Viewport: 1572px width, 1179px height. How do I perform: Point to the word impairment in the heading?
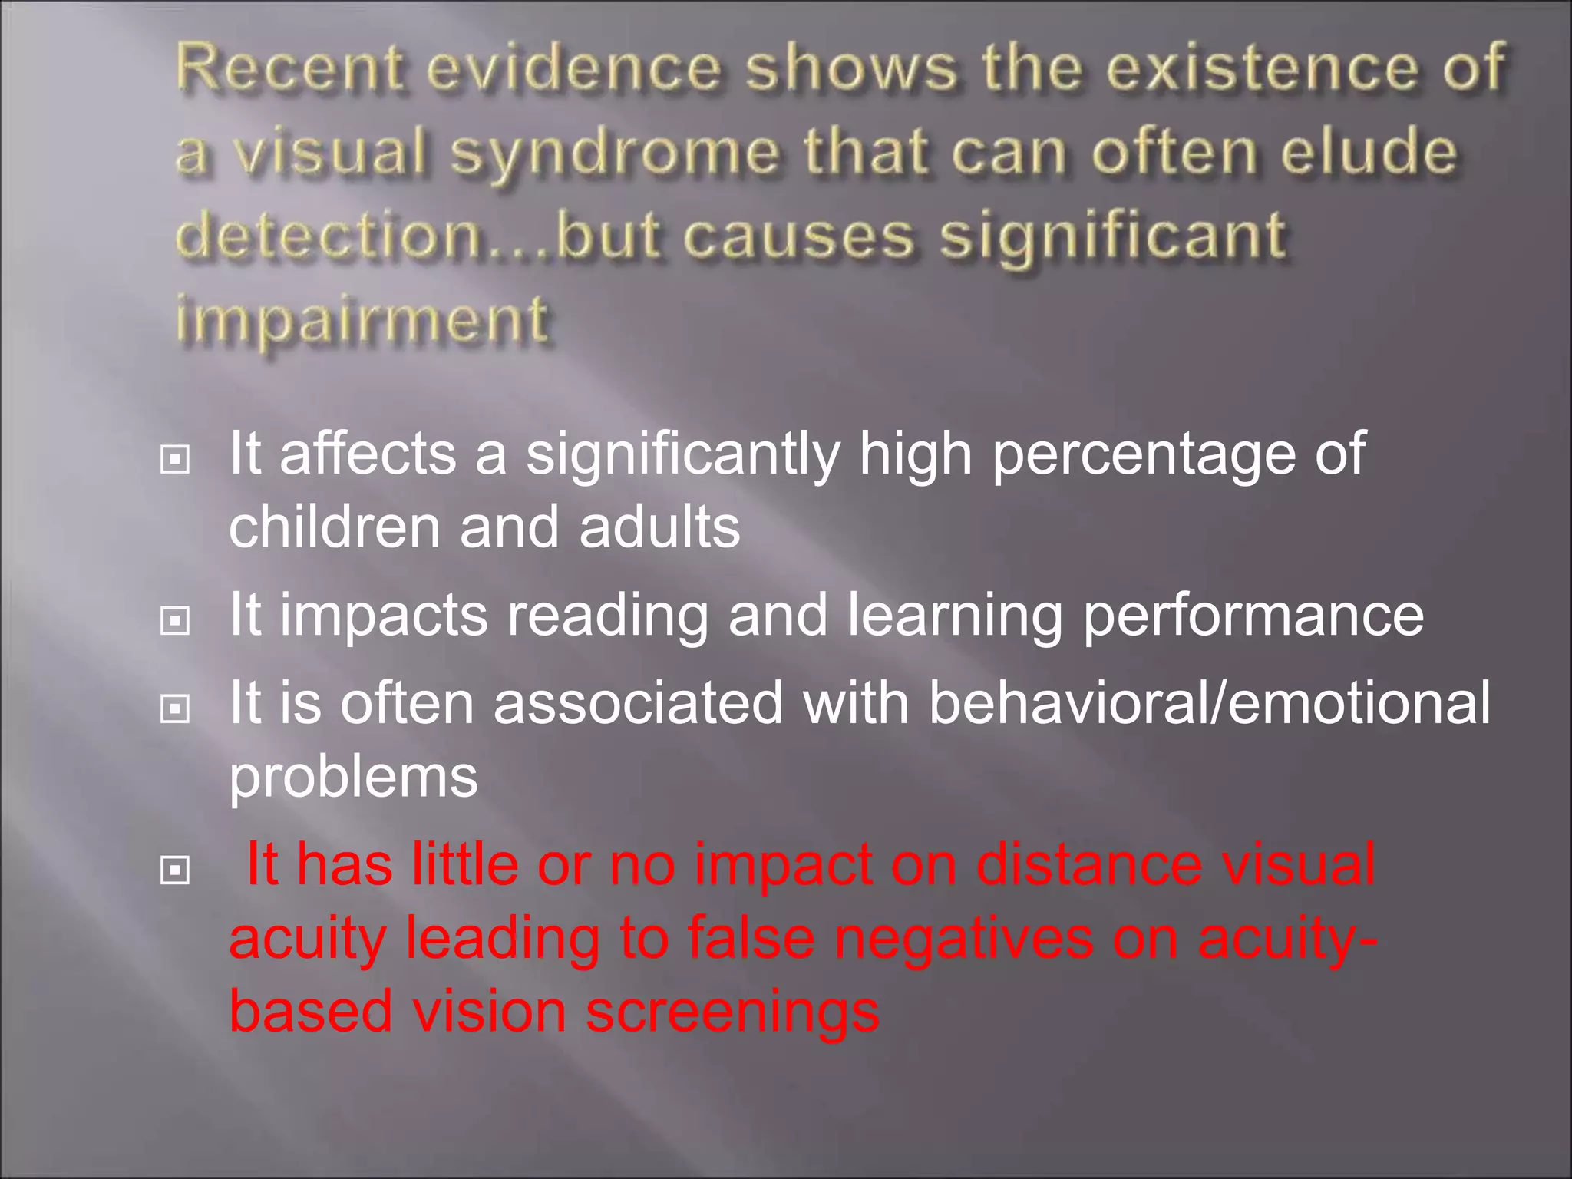tap(362, 319)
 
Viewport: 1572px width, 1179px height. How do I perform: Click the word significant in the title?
tap(1113, 237)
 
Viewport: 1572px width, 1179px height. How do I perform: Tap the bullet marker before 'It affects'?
tap(175, 460)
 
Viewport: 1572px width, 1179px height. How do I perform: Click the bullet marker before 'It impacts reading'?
tap(175, 620)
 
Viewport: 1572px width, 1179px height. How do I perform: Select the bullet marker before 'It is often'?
tap(175, 708)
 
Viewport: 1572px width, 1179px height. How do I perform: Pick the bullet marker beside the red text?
tap(175, 870)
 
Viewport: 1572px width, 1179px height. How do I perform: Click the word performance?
tap(1253, 617)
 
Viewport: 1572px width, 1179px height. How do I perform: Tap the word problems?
tap(353, 778)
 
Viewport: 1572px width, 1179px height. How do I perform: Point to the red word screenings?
tap(732, 1012)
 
